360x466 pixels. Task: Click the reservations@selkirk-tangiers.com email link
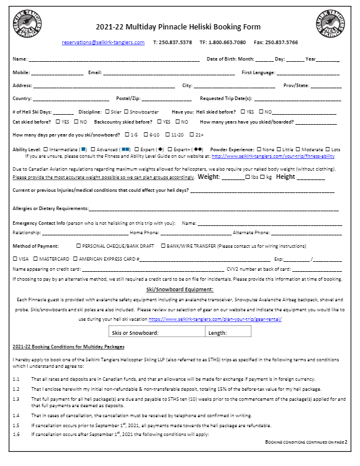pos(103,42)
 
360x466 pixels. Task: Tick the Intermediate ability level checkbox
pos(46,149)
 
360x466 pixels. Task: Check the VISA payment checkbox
pos(15,259)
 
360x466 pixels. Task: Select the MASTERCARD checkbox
pos(36,259)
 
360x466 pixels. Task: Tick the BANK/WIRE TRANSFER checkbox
pos(164,245)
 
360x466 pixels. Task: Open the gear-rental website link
pos(215,319)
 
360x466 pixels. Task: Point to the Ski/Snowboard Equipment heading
pos(179,289)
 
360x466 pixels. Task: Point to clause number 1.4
pos(16,415)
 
